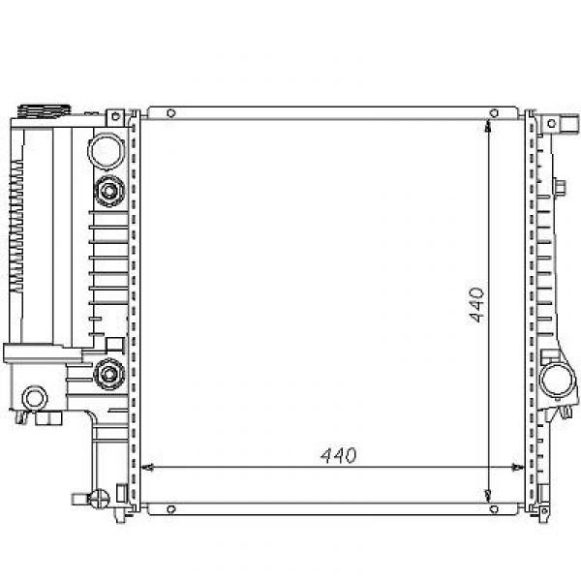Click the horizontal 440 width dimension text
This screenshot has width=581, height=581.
[x=338, y=455]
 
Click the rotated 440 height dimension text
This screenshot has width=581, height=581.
[x=476, y=305]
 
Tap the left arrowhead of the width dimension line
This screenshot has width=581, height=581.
[x=147, y=468]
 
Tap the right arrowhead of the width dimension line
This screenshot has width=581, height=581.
[x=518, y=468]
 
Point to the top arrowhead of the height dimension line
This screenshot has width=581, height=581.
[x=488, y=126]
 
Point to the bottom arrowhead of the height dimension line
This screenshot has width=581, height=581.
[x=488, y=495]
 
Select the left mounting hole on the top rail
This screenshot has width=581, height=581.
[x=170, y=113]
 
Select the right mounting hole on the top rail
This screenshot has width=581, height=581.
[x=494, y=112]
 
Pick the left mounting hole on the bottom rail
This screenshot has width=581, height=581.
[x=170, y=509]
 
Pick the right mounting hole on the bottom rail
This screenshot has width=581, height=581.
[x=494, y=509]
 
